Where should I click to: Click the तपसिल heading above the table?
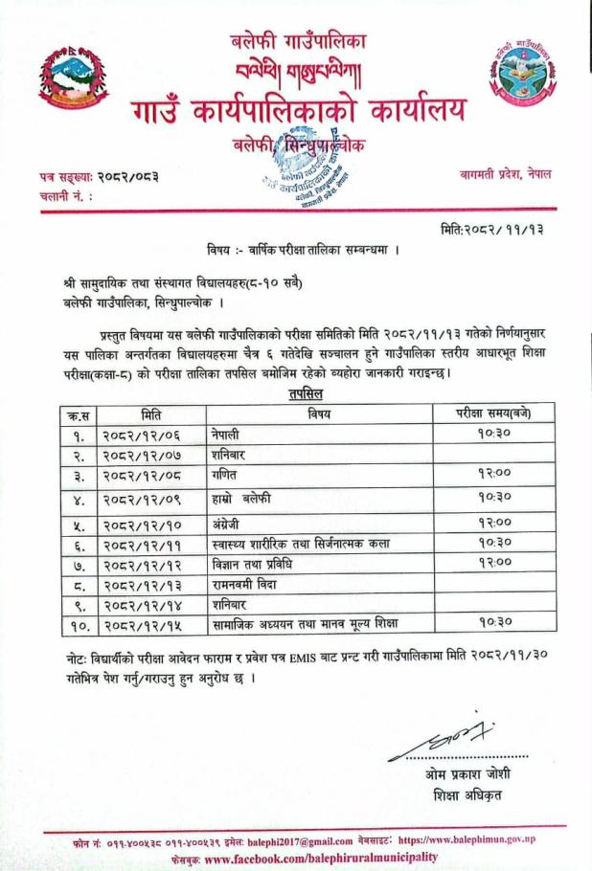coord(305,393)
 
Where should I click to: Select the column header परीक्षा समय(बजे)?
coord(492,413)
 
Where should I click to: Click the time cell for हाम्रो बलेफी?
coord(492,497)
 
